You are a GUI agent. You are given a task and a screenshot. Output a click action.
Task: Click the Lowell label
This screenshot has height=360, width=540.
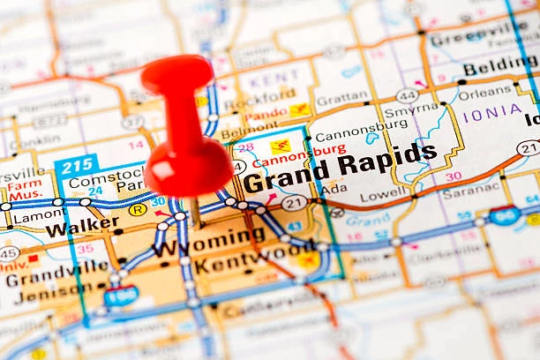click(384, 193)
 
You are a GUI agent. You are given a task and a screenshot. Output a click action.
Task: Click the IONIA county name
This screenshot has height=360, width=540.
click(492, 111)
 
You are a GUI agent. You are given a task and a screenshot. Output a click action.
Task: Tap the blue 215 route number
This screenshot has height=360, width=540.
click(76, 166)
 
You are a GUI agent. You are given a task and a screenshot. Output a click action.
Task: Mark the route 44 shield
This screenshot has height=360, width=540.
click(407, 95)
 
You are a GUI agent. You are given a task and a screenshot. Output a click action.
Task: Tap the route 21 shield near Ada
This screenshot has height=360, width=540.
click(294, 203)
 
